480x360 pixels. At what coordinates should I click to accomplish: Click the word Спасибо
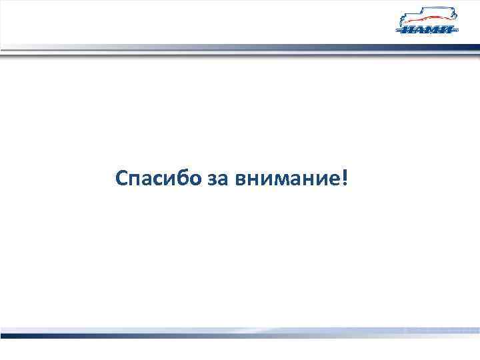tap(154, 178)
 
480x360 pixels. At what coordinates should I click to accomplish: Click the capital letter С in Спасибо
tap(121, 178)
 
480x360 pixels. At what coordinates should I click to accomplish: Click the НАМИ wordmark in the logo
tap(427, 29)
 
